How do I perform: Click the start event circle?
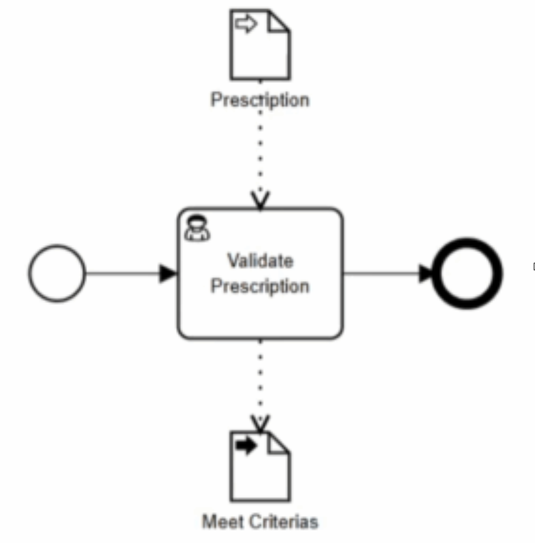coord(56,273)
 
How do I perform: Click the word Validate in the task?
coord(260,261)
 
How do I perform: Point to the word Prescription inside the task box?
coord(260,287)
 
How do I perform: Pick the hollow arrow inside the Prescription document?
coord(246,25)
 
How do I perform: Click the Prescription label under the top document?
coord(260,100)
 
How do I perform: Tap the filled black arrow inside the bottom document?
coord(246,446)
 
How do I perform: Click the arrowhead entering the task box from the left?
coord(168,273)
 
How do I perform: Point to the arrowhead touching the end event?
coord(427,273)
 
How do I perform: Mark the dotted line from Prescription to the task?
coord(260,150)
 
